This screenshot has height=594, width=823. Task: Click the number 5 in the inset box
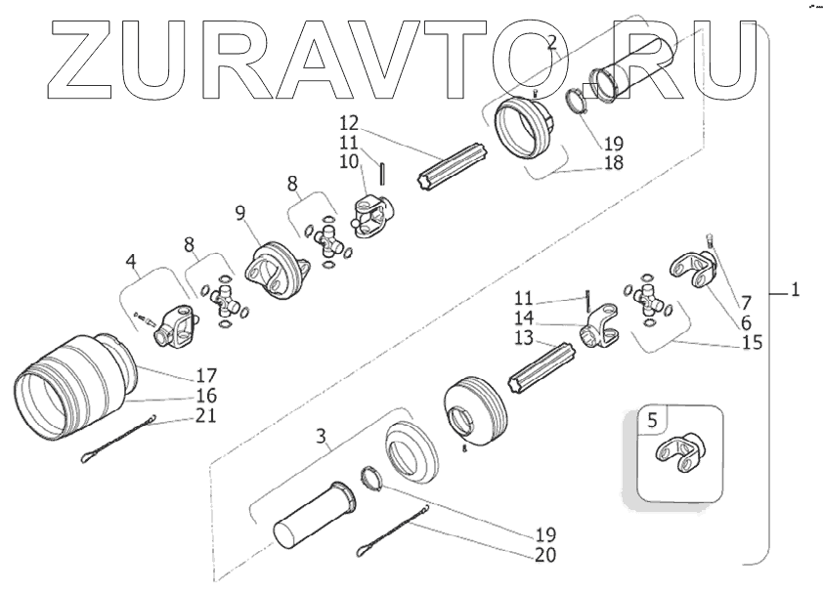(652, 422)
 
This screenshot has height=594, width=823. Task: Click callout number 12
(349, 123)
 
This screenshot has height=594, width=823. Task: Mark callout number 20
(544, 555)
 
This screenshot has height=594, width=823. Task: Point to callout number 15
(753, 344)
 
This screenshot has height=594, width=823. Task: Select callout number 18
(614, 163)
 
